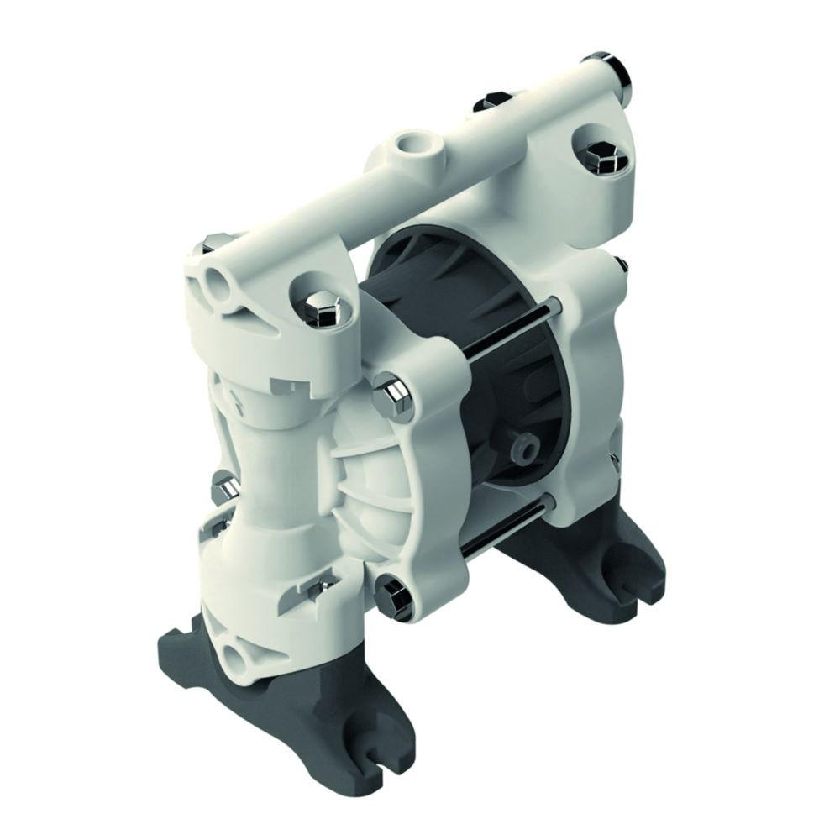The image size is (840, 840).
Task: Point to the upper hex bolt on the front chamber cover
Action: tap(393, 396)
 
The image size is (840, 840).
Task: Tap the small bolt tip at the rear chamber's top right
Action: tap(622, 266)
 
